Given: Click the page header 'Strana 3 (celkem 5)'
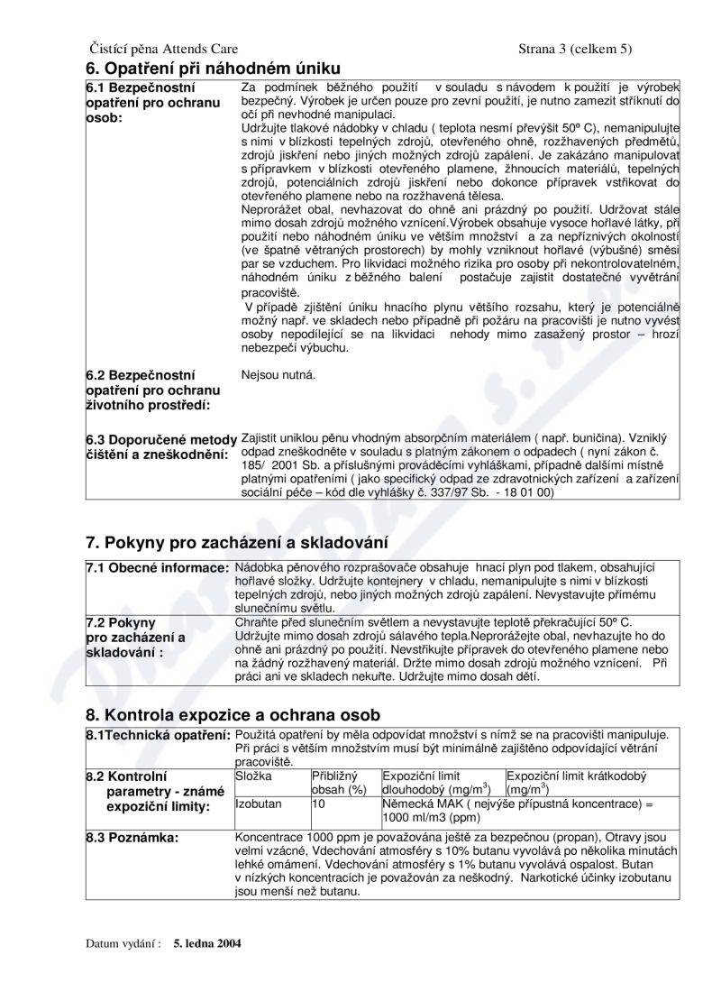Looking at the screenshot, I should coord(575,48).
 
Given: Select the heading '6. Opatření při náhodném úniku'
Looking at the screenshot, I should coord(214,69).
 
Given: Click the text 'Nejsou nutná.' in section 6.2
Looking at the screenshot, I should coord(278,374).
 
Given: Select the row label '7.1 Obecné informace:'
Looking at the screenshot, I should coord(157,566).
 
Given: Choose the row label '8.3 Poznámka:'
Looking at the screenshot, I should coord(132,838).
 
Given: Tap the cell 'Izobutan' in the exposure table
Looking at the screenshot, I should coord(258,802).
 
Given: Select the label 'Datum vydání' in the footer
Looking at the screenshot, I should coord(123,944).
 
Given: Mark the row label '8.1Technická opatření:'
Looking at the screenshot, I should coord(158,735).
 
